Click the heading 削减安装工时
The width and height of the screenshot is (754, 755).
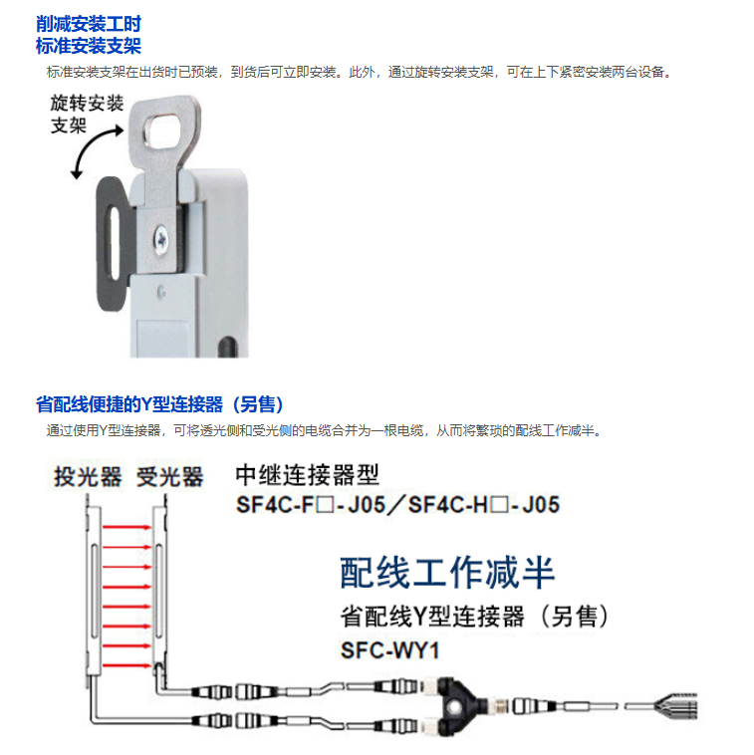(x=89, y=24)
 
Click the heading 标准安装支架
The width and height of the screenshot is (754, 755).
(x=89, y=46)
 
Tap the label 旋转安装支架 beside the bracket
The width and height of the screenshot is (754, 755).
(x=87, y=115)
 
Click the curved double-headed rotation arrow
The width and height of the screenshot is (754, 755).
(x=95, y=150)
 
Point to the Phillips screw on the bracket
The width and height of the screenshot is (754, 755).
(x=160, y=239)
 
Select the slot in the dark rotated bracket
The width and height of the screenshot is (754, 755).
(x=115, y=243)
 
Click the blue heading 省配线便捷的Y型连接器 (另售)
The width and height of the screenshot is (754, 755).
(x=159, y=404)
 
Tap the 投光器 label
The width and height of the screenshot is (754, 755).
(x=87, y=477)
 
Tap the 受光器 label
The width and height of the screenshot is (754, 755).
(x=170, y=477)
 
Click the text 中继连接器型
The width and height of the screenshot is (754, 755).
(x=307, y=475)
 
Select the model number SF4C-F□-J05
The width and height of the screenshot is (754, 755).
(x=311, y=505)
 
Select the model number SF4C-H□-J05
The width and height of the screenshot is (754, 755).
(x=483, y=505)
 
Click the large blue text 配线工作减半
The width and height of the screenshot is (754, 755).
(x=447, y=573)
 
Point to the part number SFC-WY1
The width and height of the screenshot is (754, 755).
(x=390, y=650)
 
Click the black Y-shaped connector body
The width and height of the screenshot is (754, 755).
(x=456, y=705)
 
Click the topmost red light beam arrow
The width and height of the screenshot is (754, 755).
(x=127, y=527)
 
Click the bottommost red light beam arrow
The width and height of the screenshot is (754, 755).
(x=127, y=666)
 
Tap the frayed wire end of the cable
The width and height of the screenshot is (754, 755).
(x=678, y=706)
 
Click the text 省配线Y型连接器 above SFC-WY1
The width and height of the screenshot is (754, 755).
(x=432, y=617)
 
